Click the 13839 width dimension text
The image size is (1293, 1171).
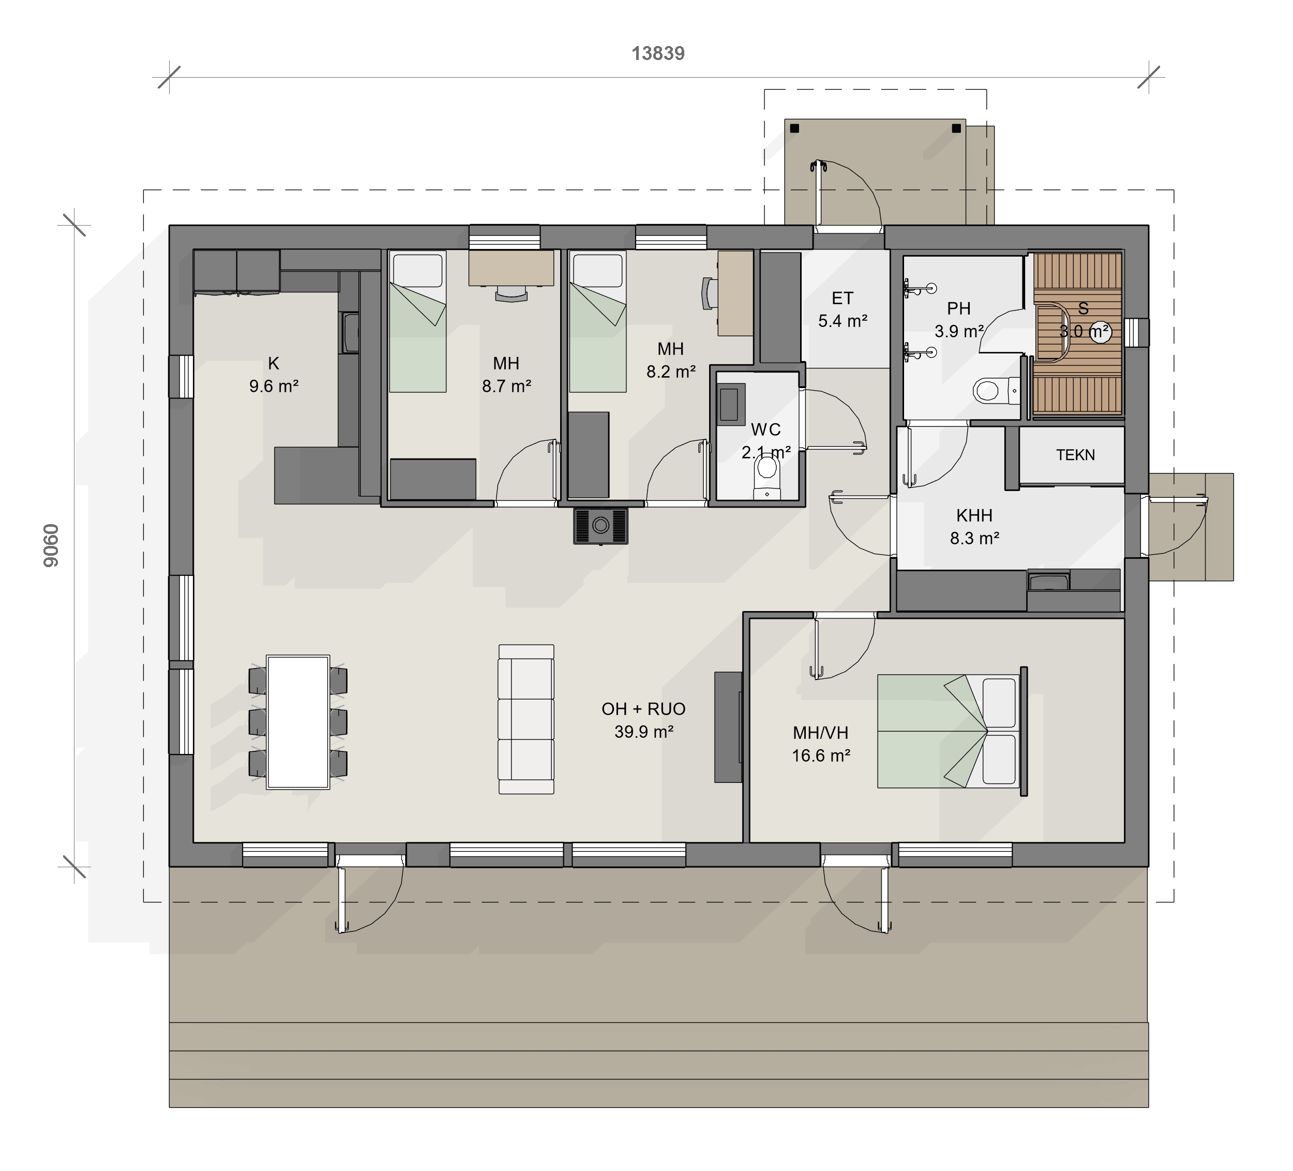coord(658,53)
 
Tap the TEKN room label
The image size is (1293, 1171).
coord(1076,455)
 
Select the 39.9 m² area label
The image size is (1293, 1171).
coord(644,732)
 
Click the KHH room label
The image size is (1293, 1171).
coord(974,515)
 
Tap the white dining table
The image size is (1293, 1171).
coord(297,722)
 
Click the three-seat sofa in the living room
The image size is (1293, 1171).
coord(526,719)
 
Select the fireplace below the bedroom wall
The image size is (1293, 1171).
coord(600,526)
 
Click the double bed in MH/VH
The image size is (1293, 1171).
coord(952,731)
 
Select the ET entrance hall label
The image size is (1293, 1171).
coord(842,299)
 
